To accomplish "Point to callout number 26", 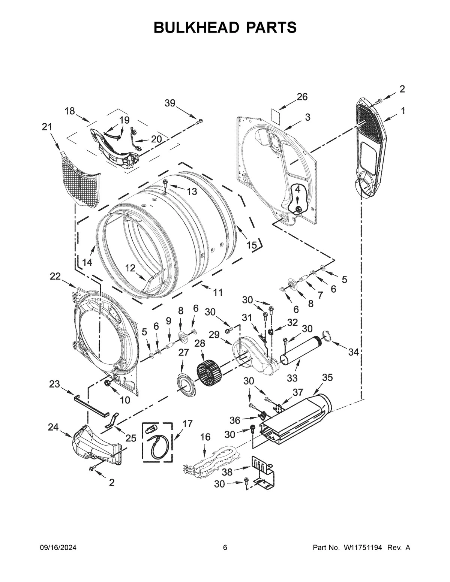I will (x=302, y=97).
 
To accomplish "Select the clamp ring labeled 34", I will (x=326, y=336).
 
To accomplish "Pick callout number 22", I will (x=55, y=276).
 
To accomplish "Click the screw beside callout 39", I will (x=199, y=121).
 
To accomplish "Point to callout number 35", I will (x=327, y=377).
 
